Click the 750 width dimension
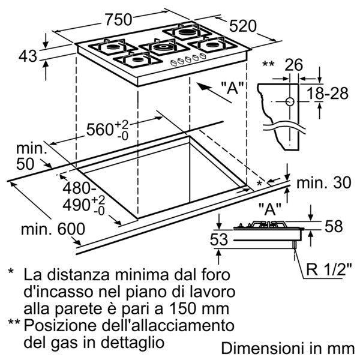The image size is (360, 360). pyautogui.click(x=118, y=19)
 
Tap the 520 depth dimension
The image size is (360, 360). pyautogui.click(x=243, y=26)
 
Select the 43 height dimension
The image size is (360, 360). pyautogui.click(x=28, y=56)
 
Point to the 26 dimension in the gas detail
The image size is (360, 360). pyautogui.click(x=294, y=65)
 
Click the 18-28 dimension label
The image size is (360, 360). pyautogui.click(x=328, y=94)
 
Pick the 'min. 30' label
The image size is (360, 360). pyautogui.click(x=324, y=182)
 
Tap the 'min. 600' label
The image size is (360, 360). pyautogui.click(x=53, y=229)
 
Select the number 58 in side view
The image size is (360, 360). pyautogui.click(x=334, y=226)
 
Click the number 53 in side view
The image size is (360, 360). pyautogui.click(x=219, y=239)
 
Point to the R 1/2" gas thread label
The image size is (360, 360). pyautogui.click(x=329, y=269)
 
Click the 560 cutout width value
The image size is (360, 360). pyautogui.click(x=99, y=130)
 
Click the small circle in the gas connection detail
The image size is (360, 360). pyautogui.click(x=290, y=101)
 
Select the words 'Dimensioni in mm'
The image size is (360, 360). pyautogui.click(x=287, y=348)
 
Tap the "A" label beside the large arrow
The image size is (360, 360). pyautogui.click(x=232, y=88)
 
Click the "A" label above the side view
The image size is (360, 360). pyautogui.click(x=270, y=209)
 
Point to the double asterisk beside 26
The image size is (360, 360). pyautogui.click(x=268, y=64)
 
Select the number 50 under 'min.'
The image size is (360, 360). pyautogui.click(x=25, y=164)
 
